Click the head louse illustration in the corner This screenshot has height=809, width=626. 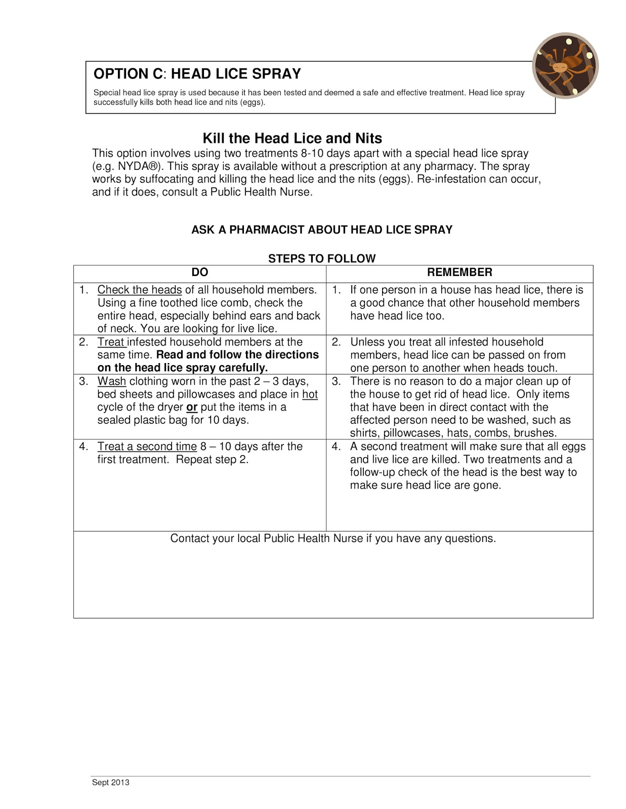tap(565, 66)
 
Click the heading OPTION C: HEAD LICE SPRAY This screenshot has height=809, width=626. tap(197, 74)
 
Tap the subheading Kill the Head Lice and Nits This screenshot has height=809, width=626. tap(292, 139)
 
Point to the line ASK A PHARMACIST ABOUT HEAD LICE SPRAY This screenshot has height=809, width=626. tap(321, 230)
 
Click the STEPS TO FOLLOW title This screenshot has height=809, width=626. tap(321, 259)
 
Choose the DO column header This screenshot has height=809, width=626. tap(200, 273)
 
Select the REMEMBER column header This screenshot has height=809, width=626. tap(459, 273)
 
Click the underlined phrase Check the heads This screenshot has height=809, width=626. tap(139, 290)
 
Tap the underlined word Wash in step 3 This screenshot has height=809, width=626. tap(111, 381)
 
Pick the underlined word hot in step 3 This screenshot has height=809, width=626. tap(310, 394)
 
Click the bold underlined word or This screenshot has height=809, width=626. tap(192, 408)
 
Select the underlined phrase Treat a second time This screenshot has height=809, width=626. tap(147, 446)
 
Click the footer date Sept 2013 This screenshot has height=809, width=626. tap(110, 783)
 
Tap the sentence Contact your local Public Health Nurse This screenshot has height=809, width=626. tap(332, 538)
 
